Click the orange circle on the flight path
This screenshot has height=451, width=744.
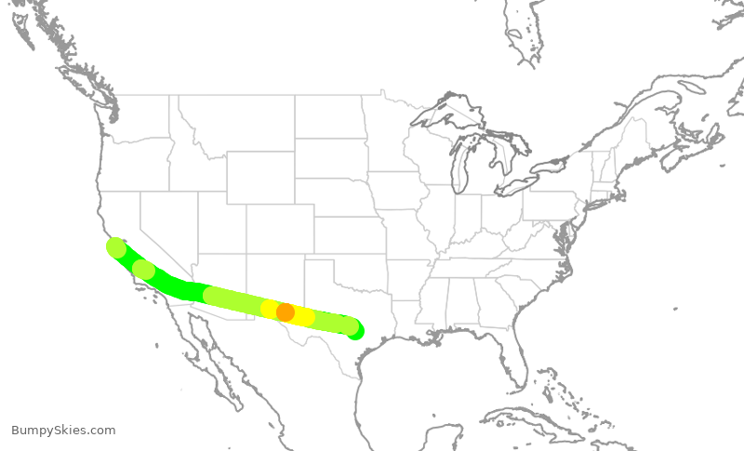click(x=286, y=312)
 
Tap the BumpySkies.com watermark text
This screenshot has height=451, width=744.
click(x=63, y=430)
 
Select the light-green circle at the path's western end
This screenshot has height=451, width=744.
click(x=116, y=247)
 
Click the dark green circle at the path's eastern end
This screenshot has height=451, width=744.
click(x=354, y=331)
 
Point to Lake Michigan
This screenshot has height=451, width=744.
click(x=460, y=167)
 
